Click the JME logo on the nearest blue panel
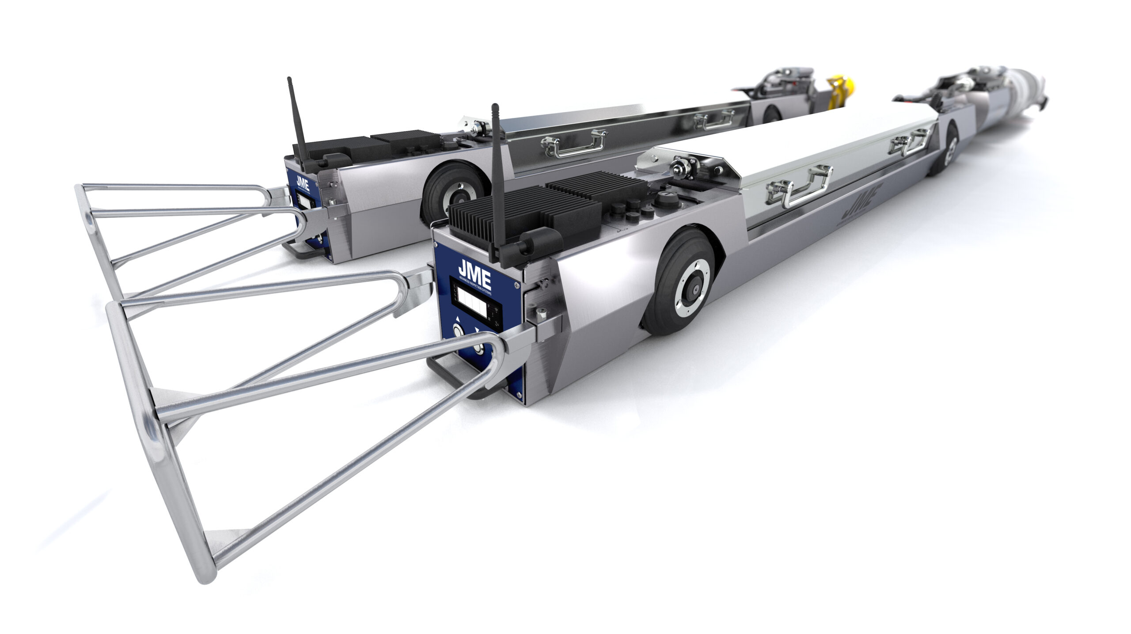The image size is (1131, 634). [474, 268]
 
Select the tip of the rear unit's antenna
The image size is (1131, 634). [290, 80]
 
